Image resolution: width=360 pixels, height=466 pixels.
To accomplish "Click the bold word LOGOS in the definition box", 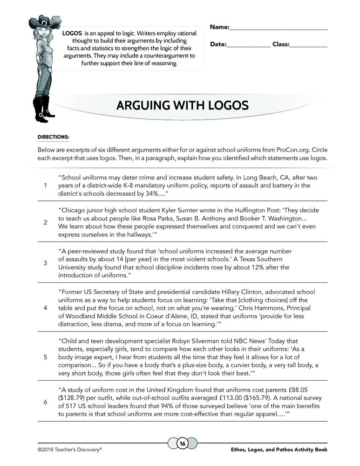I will pyautogui.click(x=72, y=34).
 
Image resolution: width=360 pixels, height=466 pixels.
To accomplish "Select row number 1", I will pyautogui.click(x=45, y=185).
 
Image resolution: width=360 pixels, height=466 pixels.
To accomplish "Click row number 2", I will pyautogui.click(x=45, y=222).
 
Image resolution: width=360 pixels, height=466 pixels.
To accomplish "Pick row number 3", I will pyautogui.click(x=45, y=263).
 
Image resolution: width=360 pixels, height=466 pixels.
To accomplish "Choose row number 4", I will pyautogui.click(x=45, y=308).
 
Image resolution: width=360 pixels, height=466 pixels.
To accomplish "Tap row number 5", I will pyautogui.click(x=45, y=357).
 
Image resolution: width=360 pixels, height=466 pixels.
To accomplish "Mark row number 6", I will pyautogui.click(x=45, y=401).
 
